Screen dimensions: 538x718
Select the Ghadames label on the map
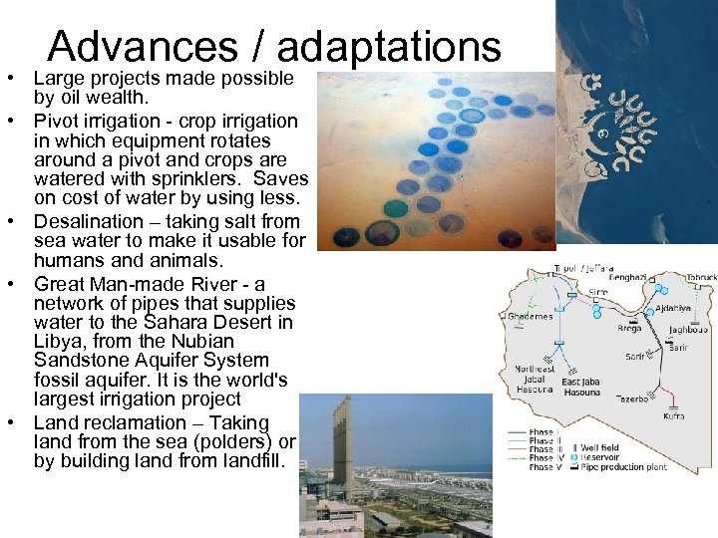(531, 317)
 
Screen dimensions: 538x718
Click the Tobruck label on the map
(700, 277)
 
